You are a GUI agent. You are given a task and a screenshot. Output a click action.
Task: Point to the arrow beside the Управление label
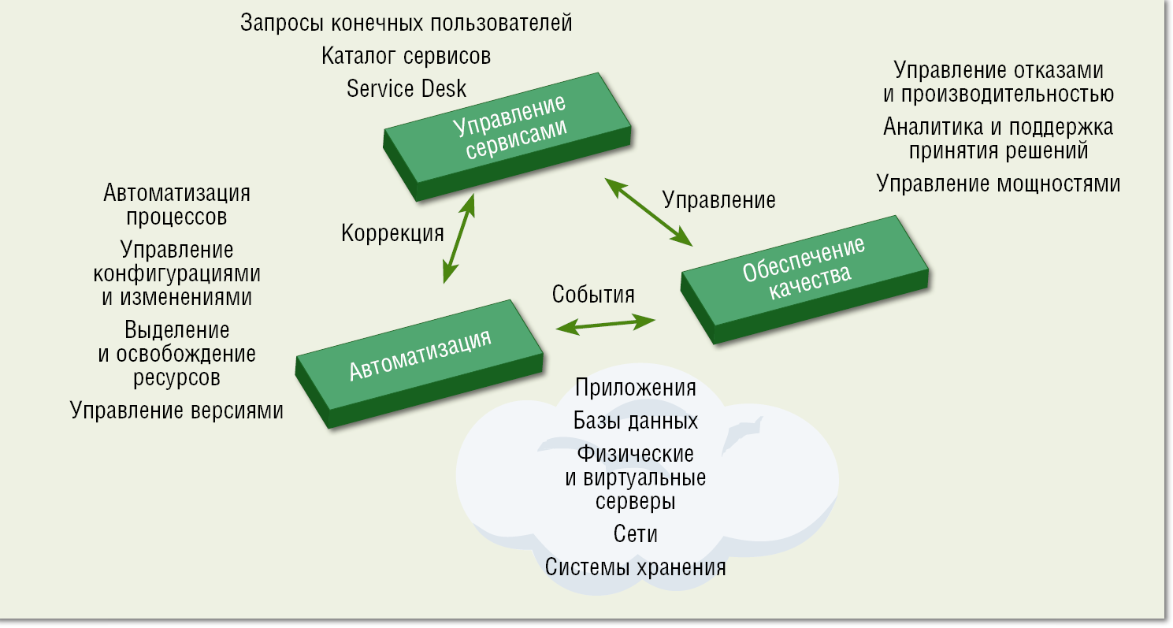tap(648, 210)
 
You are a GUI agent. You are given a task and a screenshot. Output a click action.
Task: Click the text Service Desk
tap(406, 88)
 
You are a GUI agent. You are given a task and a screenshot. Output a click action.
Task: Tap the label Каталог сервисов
tap(406, 56)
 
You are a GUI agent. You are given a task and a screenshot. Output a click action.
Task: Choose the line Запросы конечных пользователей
tap(406, 23)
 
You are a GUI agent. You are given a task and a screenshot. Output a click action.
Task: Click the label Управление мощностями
tap(998, 184)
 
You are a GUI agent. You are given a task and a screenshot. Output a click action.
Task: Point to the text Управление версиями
tap(176, 411)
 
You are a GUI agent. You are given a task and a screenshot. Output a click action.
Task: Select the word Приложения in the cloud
tap(635, 388)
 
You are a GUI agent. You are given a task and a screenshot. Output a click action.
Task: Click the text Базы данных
tap(635, 420)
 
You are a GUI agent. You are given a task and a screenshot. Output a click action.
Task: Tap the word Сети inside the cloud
tap(635, 534)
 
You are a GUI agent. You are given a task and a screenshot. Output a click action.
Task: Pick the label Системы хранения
tap(635, 567)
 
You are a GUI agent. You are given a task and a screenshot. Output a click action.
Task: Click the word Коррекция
tap(392, 233)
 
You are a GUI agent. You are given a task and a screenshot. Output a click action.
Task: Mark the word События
tap(592, 295)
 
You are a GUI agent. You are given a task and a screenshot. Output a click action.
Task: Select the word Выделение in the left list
tap(176, 329)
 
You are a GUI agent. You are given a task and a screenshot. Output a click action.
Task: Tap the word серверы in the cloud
tap(635, 501)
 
